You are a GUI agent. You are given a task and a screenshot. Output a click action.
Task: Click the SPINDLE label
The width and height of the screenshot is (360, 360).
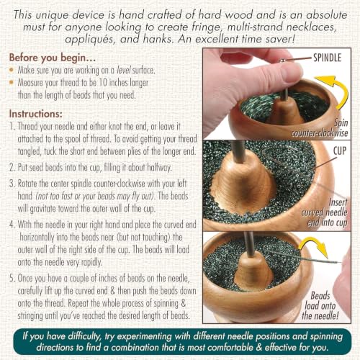pyautogui.click(x=327, y=58)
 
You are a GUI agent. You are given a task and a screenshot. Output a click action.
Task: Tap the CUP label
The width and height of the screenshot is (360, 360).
pyautogui.click(x=340, y=150)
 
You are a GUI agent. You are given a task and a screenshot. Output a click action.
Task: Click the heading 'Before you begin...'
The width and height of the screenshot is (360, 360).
pyautogui.click(x=53, y=58)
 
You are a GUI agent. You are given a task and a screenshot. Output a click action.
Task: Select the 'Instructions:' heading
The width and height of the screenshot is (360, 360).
pyautogui.click(x=36, y=114)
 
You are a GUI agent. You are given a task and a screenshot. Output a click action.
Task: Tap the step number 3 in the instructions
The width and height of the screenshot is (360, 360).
pyautogui.click(x=12, y=184)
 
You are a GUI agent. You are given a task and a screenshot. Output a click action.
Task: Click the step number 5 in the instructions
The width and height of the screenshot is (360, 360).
pyautogui.click(x=12, y=279)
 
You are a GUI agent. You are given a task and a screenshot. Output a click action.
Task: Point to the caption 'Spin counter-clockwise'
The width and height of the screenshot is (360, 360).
pyautogui.click(x=320, y=128)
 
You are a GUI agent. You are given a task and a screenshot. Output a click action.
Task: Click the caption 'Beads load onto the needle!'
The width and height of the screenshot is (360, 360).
pyautogui.click(x=320, y=306)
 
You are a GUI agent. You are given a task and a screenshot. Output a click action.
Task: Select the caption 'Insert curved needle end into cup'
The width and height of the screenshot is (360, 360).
pyautogui.click(x=325, y=212)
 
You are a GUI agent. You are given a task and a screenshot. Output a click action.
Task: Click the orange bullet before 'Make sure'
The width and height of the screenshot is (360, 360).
pyautogui.click(x=12, y=70)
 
